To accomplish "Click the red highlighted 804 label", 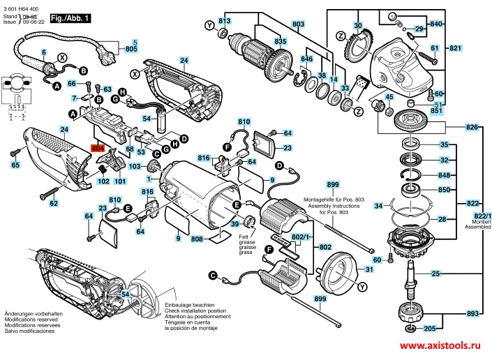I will pos(97,148).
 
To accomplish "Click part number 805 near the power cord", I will pos(131,51).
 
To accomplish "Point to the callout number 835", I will pos(280,42).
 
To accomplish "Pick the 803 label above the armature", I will pos(299,24).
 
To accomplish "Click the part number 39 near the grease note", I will pos(236,223).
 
